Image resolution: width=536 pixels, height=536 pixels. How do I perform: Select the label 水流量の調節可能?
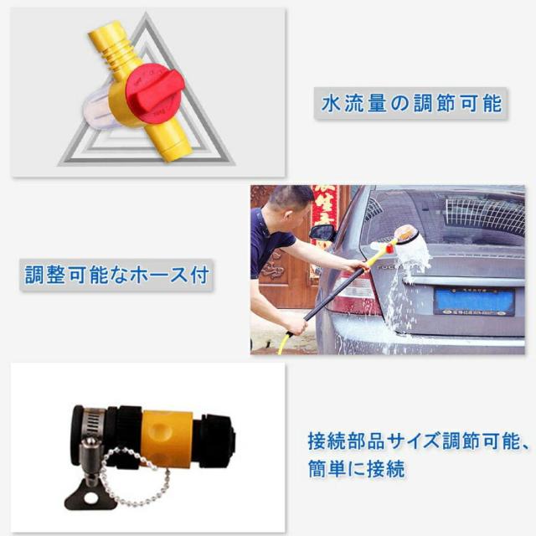411,104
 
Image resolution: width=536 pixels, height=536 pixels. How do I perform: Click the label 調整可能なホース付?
116,273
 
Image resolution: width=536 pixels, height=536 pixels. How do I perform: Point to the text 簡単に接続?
357,468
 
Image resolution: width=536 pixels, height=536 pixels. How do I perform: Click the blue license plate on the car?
473,300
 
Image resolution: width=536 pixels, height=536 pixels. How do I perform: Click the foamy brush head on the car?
408,247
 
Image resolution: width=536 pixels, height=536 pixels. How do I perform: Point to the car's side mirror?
322,231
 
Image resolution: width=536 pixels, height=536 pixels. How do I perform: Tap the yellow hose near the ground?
285,342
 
